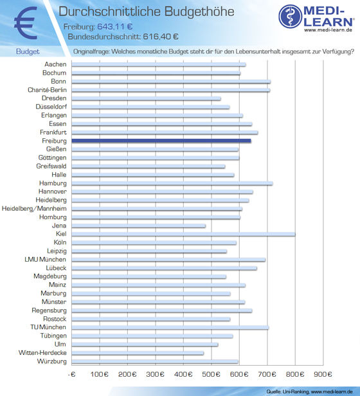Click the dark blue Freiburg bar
point(161,141)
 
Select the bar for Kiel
point(183,234)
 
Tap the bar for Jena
point(138,226)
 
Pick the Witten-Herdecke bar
point(138,353)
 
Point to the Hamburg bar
point(172,183)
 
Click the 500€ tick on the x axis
point(212,374)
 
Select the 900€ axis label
point(323,374)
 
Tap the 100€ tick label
point(100,374)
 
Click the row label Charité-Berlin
point(47,89)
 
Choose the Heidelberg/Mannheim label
point(34,208)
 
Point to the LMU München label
point(46,259)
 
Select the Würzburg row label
point(52,361)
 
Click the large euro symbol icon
point(26,23)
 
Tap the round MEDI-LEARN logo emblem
point(291,17)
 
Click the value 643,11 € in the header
point(115,26)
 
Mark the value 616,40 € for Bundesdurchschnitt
point(161,37)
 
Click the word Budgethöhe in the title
point(199,12)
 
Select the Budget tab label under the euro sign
point(28,51)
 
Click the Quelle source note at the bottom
point(309,392)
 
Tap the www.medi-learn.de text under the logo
point(328,30)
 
